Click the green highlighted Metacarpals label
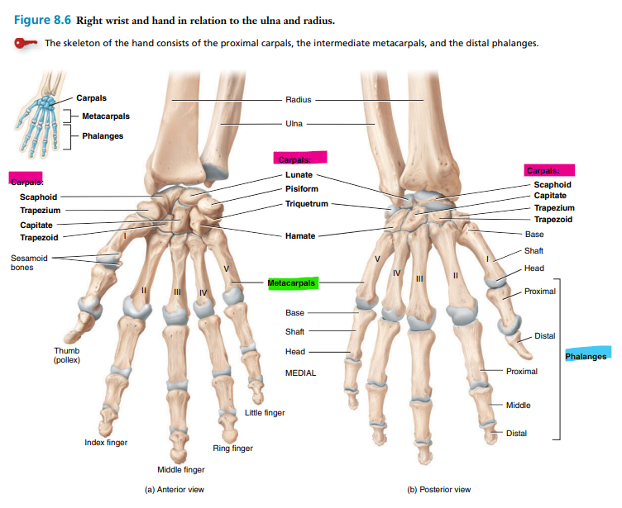pos(292,283)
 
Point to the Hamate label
pos(299,236)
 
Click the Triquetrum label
pos(306,203)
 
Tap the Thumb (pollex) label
pos(66,355)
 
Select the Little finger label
pos(265,412)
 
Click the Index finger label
pos(106,443)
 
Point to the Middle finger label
pos(180,470)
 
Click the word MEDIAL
pos(300,373)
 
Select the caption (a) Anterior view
pos(175,489)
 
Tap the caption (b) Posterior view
pos(439,489)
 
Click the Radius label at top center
pos(298,100)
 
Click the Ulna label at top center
pos(294,124)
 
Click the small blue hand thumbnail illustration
pos(37,120)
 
